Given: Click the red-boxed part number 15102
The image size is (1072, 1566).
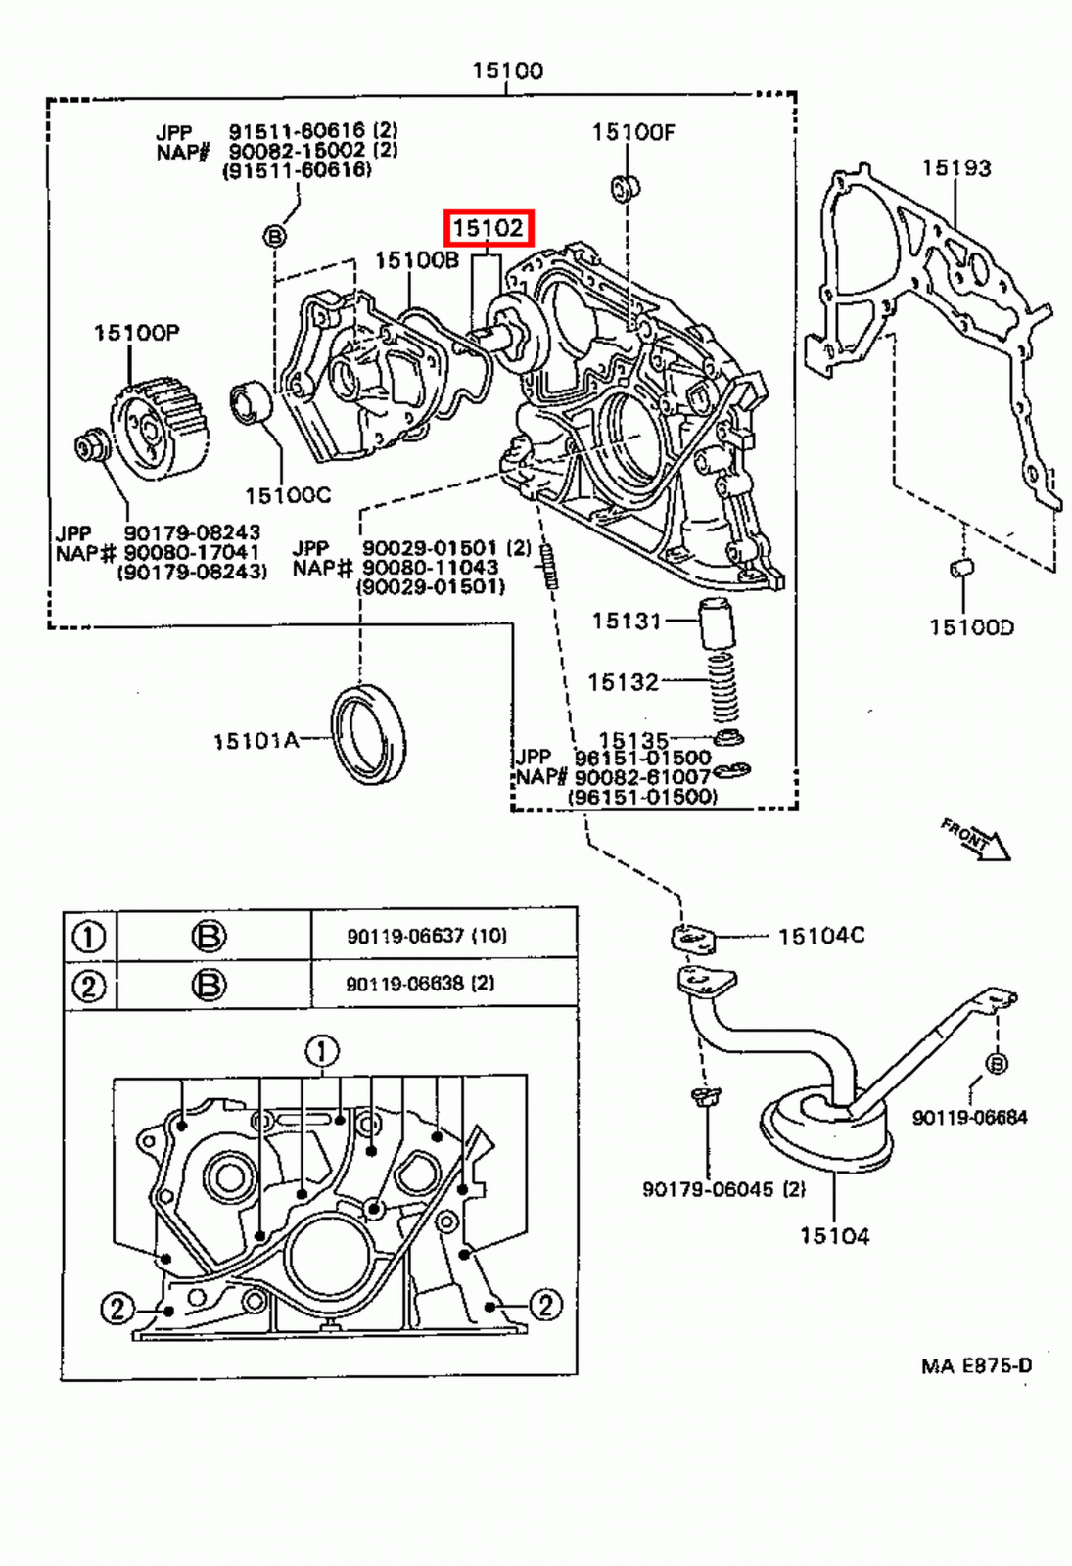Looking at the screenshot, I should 488,229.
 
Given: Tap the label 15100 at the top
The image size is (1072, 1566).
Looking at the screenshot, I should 507,70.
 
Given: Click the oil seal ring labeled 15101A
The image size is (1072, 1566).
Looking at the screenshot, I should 369,735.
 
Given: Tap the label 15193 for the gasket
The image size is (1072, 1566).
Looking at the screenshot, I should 955,168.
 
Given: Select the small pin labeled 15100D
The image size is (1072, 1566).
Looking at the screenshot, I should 962,568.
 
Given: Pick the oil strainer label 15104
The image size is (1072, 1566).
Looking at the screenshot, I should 834,1236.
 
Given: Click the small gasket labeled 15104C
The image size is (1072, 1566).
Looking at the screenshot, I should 693,939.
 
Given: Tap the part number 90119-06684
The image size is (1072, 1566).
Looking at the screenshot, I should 969,1117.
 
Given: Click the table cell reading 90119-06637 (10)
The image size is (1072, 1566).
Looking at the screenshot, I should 427,936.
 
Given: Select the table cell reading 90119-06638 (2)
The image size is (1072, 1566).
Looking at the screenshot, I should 420,983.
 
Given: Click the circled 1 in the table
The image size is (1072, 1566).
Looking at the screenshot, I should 89,937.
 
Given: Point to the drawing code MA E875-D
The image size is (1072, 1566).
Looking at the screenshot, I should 975,1365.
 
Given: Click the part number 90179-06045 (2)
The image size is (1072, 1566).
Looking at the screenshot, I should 723,1189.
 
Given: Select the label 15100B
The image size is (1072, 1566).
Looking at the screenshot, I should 417,260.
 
